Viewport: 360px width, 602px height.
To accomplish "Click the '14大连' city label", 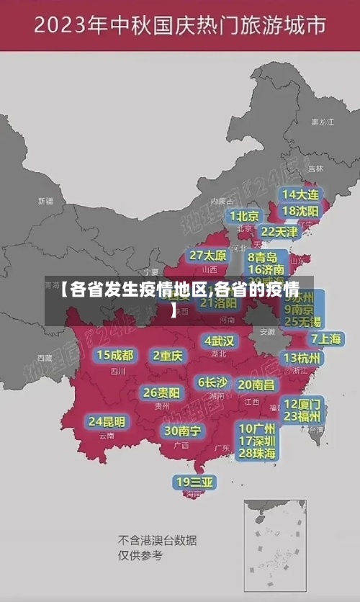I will (x=300, y=194).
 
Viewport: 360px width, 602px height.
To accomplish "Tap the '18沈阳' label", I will (x=300, y=211).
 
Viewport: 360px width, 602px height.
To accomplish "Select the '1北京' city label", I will (x=244, y=216).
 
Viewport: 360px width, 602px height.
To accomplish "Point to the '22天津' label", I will (x=279, y=232).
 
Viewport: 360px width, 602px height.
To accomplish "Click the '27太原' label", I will (x=208, y=256).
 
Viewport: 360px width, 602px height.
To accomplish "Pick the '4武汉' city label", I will (x=220, y=341).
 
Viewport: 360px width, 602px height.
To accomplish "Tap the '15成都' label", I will (x=115, y=355).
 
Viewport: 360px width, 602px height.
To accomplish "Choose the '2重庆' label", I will (x=168, y=356).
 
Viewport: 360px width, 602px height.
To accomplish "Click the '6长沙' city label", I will (x=213, y=382).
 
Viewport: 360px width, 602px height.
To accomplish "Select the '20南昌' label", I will (x=256, y=385).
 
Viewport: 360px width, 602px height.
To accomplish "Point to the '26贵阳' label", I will (x=161, y=393).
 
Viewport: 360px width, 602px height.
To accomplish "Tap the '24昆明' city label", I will (x=107, y=421).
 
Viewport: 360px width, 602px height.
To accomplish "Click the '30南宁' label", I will (x=182, y=431).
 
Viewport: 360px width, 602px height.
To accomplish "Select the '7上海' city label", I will (x=325, y=339).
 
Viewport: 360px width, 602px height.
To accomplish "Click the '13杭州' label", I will (x=302, y=358).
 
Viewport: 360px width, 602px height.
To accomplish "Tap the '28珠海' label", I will (x=257, y=453).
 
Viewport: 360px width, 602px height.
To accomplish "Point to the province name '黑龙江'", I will (x=322, y=122).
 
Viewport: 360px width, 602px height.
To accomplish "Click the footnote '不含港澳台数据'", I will (x=158, y=540).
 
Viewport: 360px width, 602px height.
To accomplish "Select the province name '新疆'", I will (x=45, y=201).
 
